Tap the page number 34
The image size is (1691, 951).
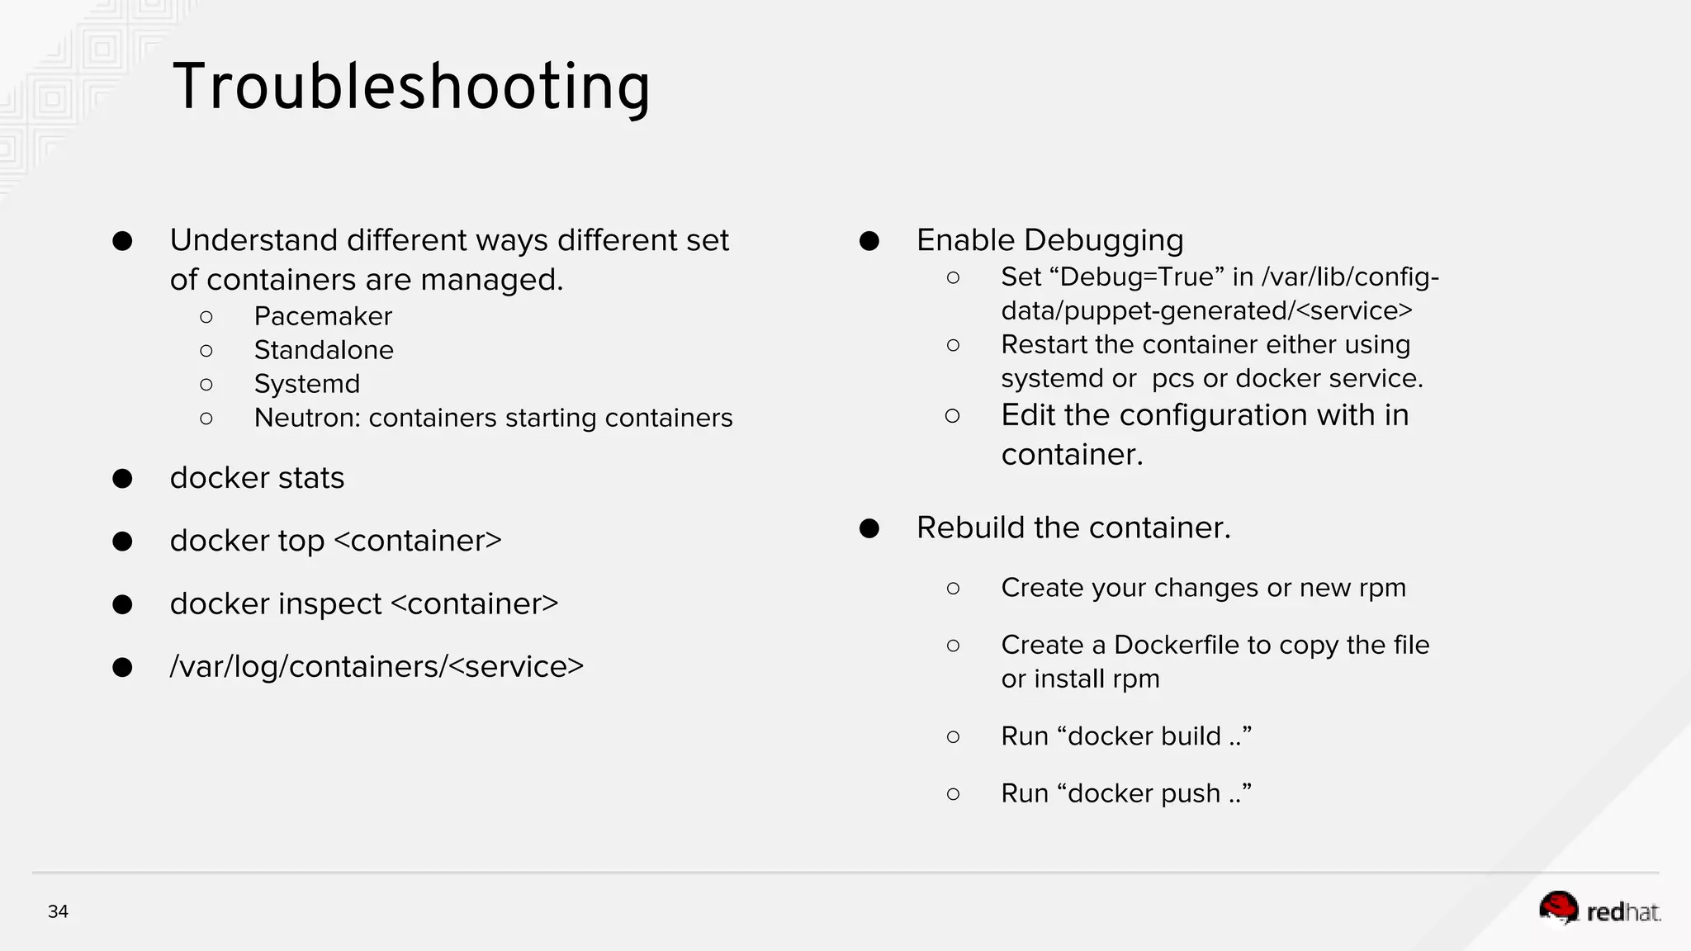58,911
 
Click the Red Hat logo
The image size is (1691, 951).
1599,910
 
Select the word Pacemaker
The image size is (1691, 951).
323,316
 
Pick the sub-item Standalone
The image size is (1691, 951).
324,350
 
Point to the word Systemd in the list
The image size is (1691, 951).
306,384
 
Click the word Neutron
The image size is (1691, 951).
306,418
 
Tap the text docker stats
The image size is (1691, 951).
257,478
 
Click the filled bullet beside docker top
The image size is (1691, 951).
122,542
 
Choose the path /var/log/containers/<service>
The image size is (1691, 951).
377,667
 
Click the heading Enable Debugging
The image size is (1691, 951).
1049,240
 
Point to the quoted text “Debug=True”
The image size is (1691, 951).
1137,277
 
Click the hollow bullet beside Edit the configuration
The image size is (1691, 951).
953,416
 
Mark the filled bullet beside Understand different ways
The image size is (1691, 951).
122,241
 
